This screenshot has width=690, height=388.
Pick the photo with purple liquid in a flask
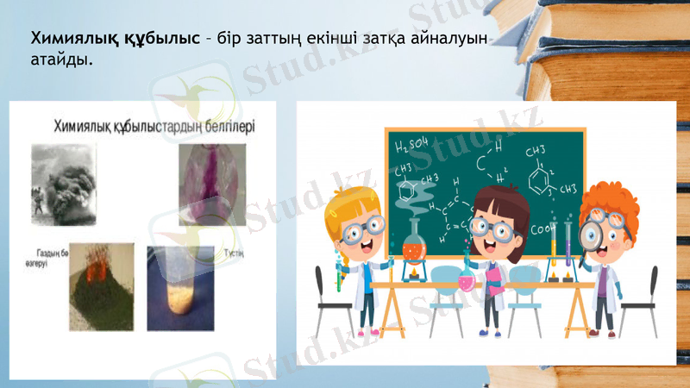tap(212, 184)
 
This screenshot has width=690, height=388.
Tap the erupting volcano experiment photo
tap(102, 285)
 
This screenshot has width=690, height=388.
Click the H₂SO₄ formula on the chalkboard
tap(412, 144)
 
